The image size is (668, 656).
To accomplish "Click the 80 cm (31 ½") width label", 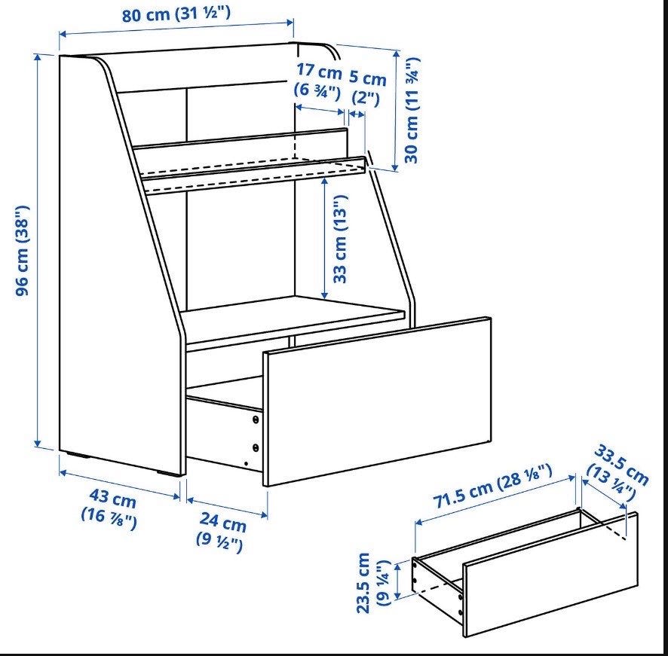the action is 176,14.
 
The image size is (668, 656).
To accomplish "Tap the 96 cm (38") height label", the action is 22,251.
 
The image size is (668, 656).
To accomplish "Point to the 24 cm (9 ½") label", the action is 221,532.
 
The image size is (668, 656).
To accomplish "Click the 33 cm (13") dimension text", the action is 340,239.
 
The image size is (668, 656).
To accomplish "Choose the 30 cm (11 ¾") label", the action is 412,110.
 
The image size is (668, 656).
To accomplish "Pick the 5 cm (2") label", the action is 367,87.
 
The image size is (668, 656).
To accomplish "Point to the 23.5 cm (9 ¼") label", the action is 373,583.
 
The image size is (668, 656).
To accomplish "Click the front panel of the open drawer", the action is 377,401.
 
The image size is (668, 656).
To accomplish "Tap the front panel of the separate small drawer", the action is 550,574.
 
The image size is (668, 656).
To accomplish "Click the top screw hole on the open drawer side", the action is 256,420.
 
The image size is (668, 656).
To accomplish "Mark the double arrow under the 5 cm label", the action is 357,114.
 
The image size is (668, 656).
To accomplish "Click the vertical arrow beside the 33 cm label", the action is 325,238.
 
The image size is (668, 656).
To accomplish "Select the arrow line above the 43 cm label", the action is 120,484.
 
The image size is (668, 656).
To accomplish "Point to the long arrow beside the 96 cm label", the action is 38,251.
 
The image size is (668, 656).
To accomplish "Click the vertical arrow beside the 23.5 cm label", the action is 398,581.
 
